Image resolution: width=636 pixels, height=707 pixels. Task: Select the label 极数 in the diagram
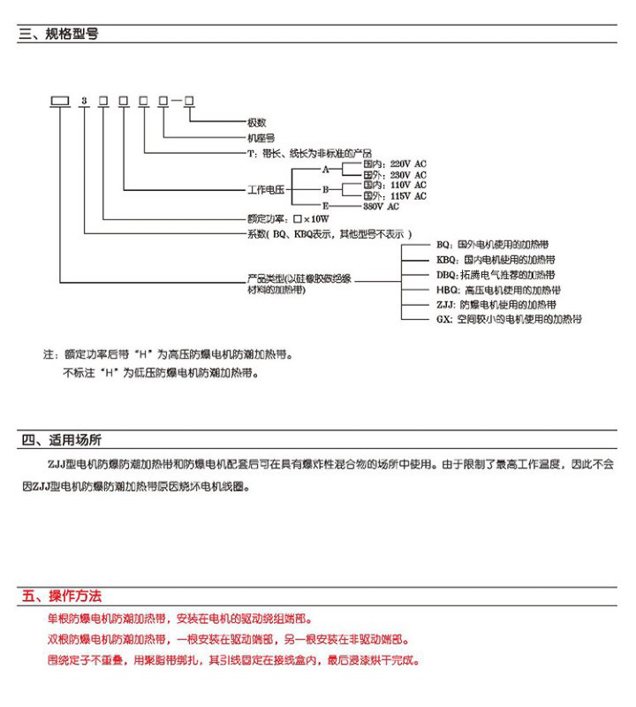point(256,123)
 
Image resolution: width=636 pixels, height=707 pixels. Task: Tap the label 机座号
point(260,137)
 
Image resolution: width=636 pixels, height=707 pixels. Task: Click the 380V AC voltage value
point(382,206)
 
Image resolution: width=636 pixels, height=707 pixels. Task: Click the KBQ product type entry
point(495,260)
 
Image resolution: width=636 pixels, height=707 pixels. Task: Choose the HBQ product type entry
point(498,289)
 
